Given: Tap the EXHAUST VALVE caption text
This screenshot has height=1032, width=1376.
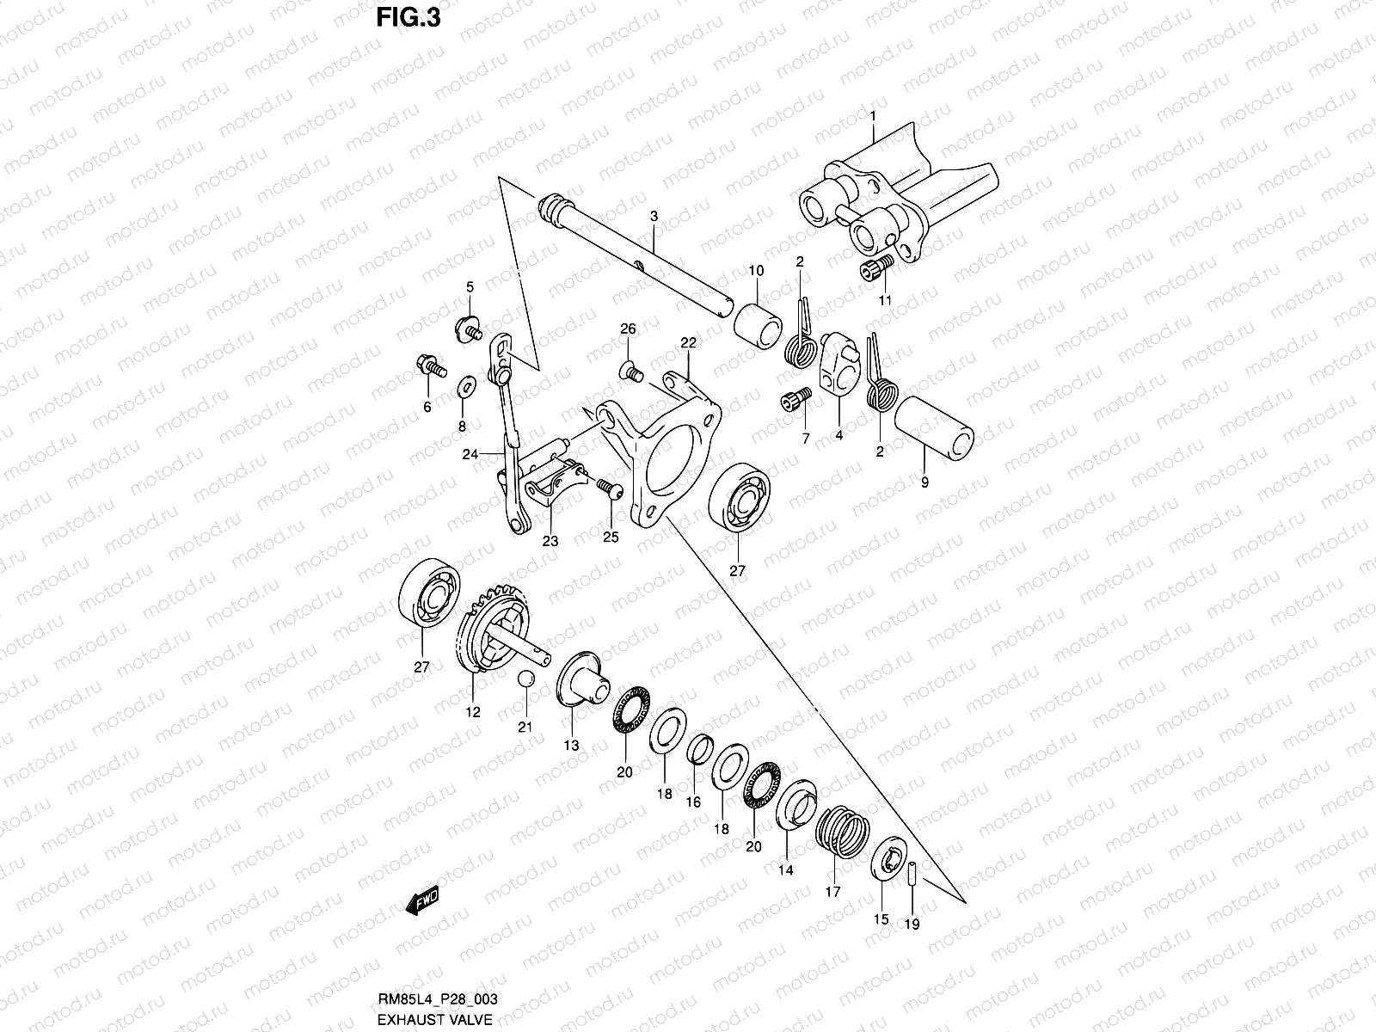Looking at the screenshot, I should tap(435, 1019).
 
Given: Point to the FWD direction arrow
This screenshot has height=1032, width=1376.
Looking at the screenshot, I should tap(422, 900).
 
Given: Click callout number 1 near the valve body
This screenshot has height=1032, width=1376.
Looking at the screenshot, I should tap(872, 115).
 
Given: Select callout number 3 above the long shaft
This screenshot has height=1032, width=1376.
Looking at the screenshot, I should tap(654, 218).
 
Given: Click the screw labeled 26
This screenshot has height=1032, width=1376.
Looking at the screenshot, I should tap(630, 372).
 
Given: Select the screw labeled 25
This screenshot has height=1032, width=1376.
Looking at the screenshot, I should tap(608, 488).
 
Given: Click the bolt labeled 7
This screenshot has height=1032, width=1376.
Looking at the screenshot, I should tap(795, 400).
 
